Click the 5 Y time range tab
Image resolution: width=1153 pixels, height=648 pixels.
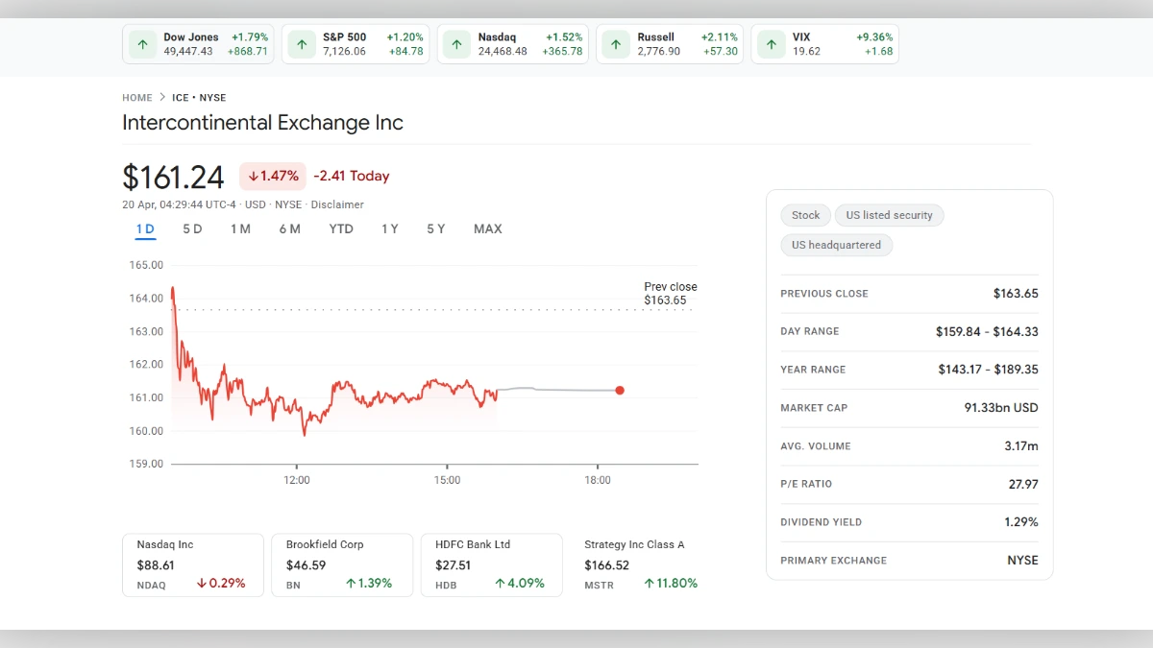point(435,228)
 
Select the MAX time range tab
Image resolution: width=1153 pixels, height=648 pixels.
point(487,228)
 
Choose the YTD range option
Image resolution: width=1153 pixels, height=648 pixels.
point(341,228)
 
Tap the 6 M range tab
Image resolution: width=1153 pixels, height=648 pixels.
point(289,228)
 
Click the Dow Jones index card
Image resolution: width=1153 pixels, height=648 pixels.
point(198,44)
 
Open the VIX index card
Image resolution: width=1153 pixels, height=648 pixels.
point(824,44)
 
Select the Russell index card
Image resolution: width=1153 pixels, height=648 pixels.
point(668,44)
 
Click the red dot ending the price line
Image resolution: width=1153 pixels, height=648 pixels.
point(620,390)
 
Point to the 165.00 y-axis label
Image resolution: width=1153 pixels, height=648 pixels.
point(146,265)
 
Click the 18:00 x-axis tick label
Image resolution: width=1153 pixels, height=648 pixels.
point(598,480)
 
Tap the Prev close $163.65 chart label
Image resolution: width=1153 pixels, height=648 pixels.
point(670,294)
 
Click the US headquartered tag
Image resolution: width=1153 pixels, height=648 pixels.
point(836,245)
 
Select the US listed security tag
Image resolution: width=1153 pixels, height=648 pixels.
point(889,215)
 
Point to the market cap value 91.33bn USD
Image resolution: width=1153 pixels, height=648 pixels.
point(1001,408)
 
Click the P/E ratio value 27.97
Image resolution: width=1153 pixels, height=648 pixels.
point(1022,484)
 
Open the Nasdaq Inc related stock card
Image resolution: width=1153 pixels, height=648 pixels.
point(192,564)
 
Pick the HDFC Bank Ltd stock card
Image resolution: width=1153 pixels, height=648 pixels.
point(491,564)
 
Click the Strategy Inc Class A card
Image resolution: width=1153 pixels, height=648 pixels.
point(640,564)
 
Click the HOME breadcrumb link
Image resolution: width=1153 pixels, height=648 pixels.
point(137,98)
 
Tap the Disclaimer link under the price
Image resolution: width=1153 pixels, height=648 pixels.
point(337,204)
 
